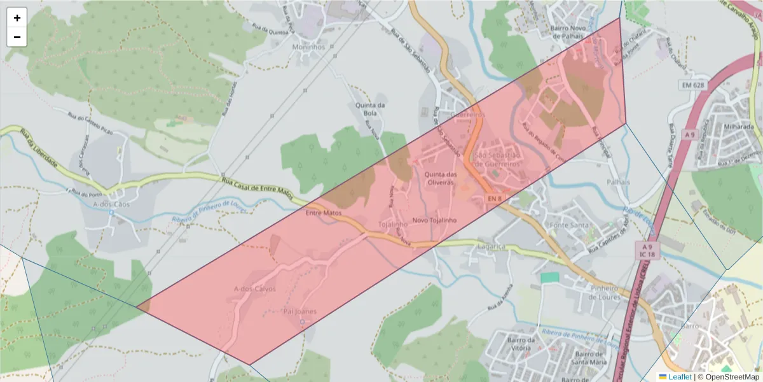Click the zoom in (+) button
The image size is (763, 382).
17,18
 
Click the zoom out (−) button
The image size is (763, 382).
17,37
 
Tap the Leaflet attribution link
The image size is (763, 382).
679,377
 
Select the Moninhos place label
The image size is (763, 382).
308,47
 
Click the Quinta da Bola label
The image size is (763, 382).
370,109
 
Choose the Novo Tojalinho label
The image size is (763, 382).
434,220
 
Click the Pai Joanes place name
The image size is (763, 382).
299,311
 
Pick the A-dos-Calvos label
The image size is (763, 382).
254,289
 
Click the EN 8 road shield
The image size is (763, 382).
495,199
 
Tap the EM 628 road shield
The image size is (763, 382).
692,85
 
